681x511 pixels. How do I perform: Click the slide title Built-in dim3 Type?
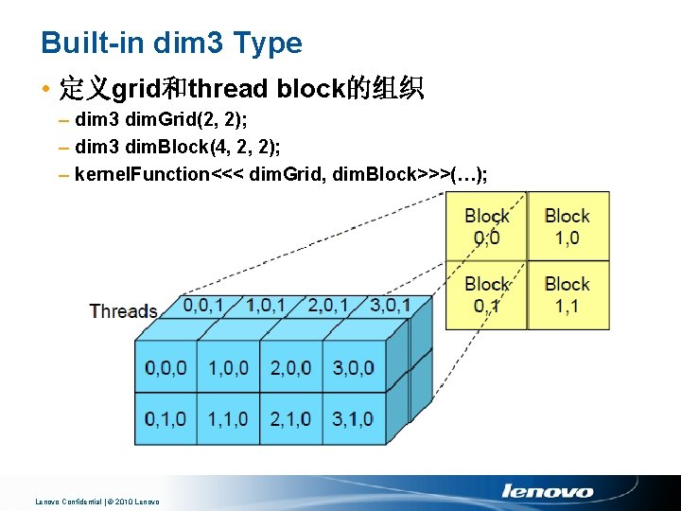[x=171, y=43]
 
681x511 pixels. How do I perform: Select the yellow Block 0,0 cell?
[x=486, y=227]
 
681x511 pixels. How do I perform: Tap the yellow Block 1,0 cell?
[x=567, y=227]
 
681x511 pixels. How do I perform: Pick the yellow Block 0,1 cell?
[x=486, y=294]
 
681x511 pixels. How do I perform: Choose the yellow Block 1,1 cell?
[x=567, y=294]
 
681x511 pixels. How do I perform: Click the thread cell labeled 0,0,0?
[x=166, y=368]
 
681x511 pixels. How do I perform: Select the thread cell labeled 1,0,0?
[x=228, y=368]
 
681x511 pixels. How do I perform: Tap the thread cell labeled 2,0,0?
[x=290, y=368]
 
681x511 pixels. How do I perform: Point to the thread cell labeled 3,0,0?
[x=353, y=368]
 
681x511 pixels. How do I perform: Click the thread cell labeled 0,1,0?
[x=166, y=418]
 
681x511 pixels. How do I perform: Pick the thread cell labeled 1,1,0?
[x=228, y=418]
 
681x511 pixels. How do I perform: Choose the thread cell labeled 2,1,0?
[x=290, y=418]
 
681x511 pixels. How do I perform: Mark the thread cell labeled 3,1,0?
[x=353, y=418]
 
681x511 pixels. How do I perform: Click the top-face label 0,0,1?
[x=204, y=306]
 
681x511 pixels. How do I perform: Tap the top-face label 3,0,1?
[x=390, y=306]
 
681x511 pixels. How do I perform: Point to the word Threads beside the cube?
[x=123, y=311]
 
